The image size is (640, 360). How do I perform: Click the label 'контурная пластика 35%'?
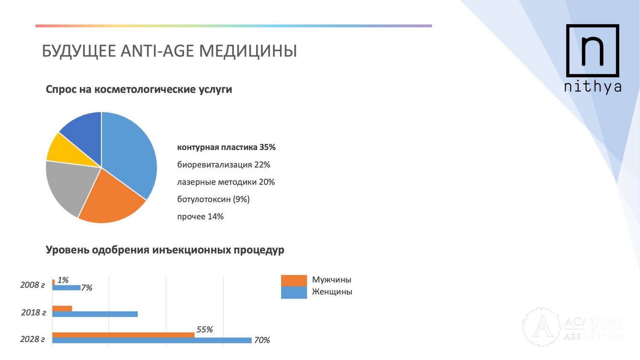coord(226,148)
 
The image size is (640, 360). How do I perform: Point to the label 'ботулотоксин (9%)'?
coord(213,199)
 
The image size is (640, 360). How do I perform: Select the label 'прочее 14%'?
coord(200,217)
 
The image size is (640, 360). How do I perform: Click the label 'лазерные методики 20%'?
coord(226,182)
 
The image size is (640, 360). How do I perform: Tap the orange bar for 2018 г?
coord(62,308)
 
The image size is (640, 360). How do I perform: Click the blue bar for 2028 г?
coord(152,340)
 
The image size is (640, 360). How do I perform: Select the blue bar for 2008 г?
coord(66,287)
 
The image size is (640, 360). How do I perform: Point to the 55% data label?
coord(204,329)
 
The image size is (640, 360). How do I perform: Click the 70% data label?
coord(262,340)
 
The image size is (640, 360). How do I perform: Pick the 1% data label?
coord(63,280)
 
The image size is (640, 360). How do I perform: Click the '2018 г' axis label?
coord(33,313)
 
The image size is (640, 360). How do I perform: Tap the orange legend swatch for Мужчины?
coord(294,281)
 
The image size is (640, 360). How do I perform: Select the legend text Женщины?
coord(332,292)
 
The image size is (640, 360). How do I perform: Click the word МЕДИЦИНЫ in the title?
coord(248,51)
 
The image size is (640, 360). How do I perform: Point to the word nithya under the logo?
coord(593,87)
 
